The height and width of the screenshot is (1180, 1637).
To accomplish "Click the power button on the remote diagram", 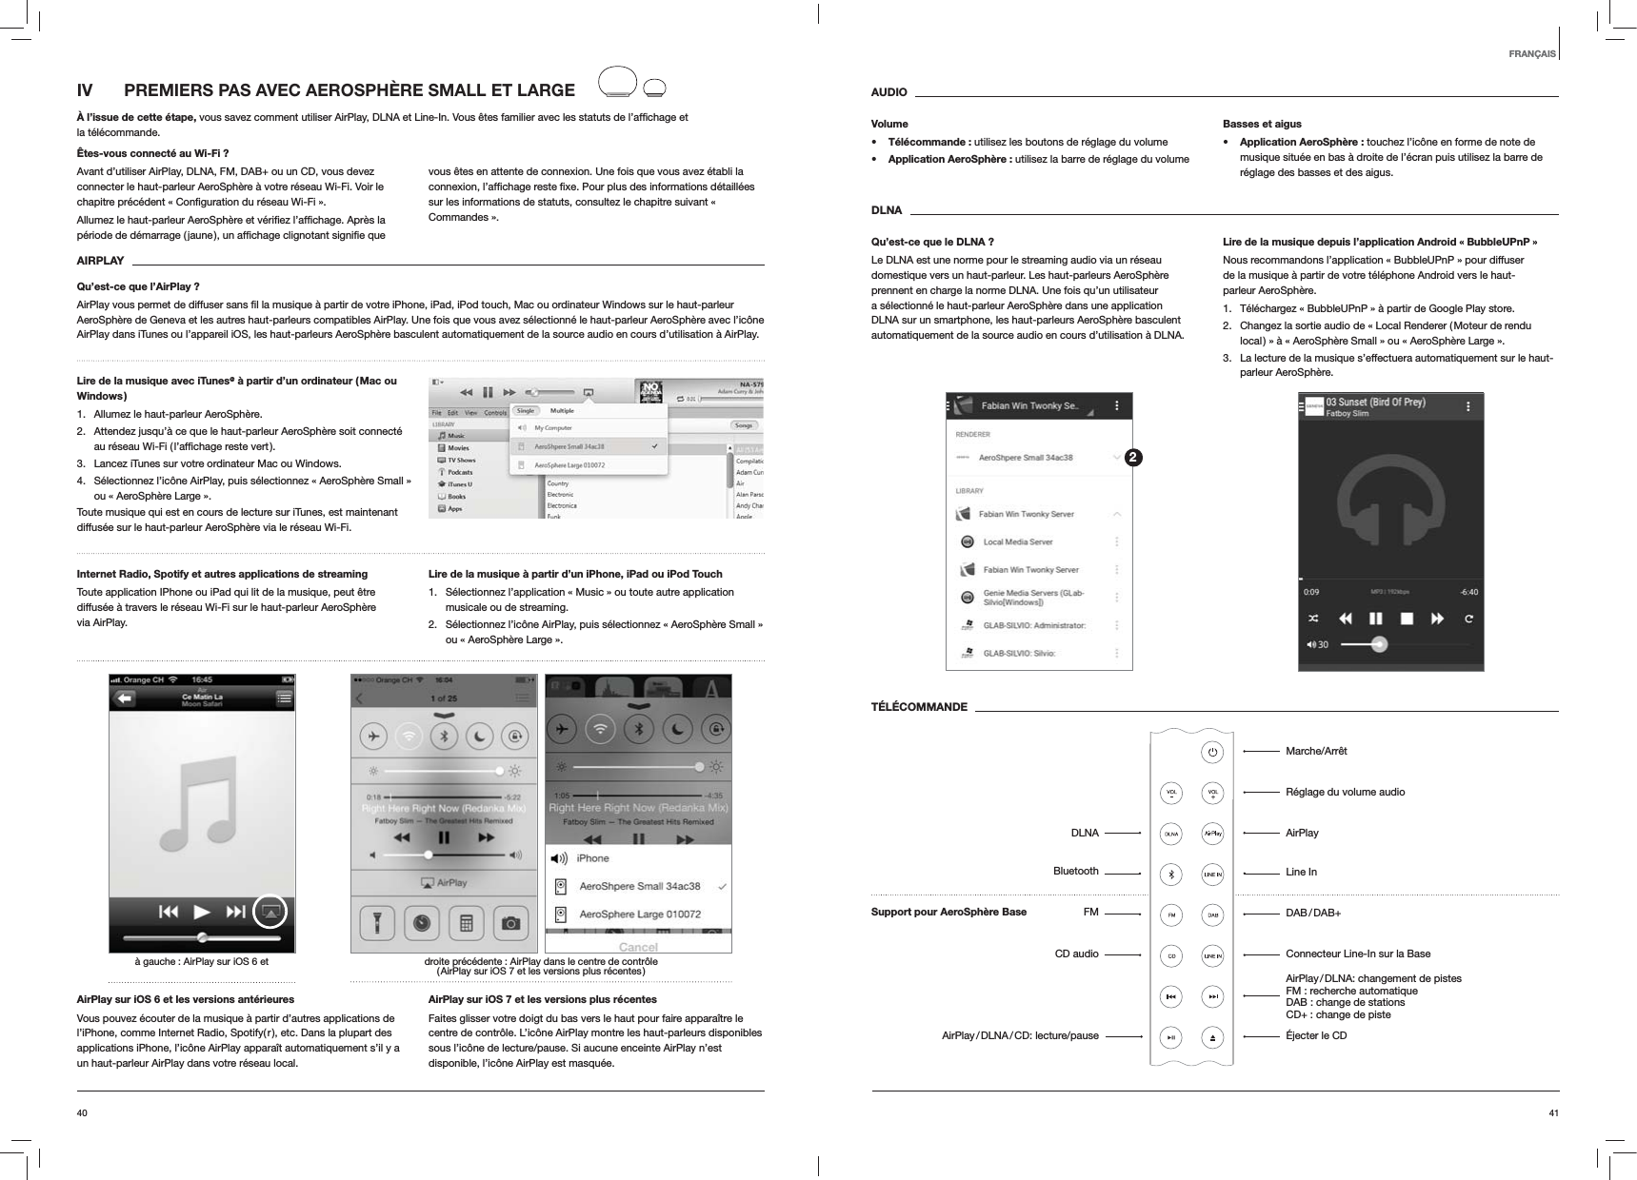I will [x=1212, y=752].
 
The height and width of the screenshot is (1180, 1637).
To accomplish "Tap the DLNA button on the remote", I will [x=1171, y=833].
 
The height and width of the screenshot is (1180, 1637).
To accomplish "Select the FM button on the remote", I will [x=1171, y=914].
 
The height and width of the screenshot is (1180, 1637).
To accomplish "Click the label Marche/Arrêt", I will [x=1316, y=751].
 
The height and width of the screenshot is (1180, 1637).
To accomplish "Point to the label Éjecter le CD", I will [x=1316, y=1034].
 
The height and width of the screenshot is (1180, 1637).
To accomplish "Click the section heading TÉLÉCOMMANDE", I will [x=919, y=707].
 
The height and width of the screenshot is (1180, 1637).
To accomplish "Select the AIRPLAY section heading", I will [x=100, y=261].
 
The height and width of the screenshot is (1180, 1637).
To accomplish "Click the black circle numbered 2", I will [x=1131, y=458].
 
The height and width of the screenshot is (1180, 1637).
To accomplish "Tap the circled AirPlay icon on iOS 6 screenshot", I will [x=271, y=912].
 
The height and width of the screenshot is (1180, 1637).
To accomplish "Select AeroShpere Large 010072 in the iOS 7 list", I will [x=640, y=914].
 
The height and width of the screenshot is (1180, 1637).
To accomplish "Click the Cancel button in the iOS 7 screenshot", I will [x=638, y=947].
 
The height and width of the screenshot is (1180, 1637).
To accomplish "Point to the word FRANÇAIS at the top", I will [x=1532, y=53].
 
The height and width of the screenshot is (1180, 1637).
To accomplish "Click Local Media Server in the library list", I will [x=1017, y=541].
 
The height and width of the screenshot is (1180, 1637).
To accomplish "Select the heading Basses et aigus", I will [x=1262, y=124].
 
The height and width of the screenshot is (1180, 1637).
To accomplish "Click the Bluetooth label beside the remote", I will [x=1075, y=871].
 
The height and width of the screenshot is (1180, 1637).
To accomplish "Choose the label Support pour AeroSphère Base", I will [x=948, y=912].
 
